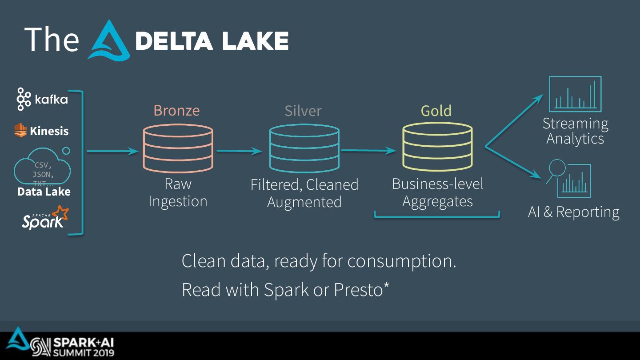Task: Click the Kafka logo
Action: [42, 99]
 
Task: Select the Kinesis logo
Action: [41, 131]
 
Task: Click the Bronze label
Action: [176, 110]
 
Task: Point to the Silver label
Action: [303, 111]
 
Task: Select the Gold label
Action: [436, 111]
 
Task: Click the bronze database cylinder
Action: [178, 148]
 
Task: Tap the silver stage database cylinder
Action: [304, 148]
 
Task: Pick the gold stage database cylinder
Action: [437, 148]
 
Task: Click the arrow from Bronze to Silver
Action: [239, 151]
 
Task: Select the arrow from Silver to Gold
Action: [368, 151]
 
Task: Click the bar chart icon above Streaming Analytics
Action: [575, 94]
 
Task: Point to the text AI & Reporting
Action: [573, 212]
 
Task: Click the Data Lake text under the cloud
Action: [44, 192]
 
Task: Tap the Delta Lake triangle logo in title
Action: [108, 41]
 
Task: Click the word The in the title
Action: [52, 39]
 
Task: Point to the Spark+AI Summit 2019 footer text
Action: [83, 347]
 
